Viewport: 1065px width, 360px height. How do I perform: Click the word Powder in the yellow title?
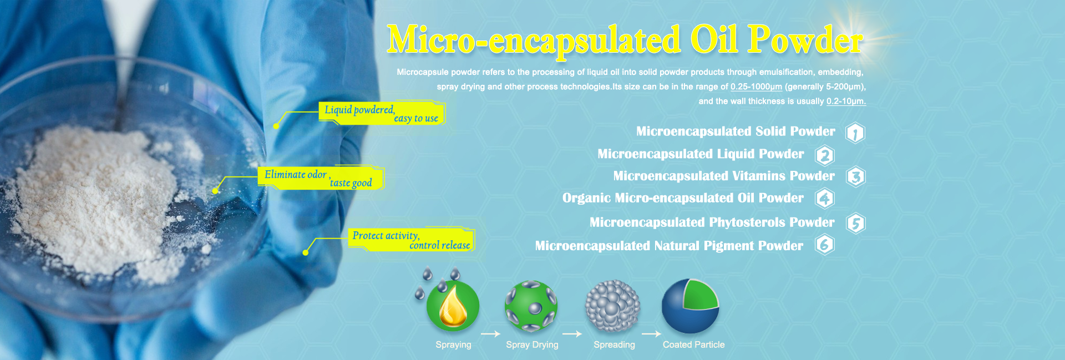tap(805, 40)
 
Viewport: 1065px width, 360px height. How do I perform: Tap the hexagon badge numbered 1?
tap(855, 133)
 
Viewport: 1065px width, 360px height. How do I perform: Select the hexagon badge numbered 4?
tap(825, 199)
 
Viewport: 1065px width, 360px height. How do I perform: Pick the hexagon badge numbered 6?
tap(825, 245)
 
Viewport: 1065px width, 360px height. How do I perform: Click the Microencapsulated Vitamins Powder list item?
tap(724, 176)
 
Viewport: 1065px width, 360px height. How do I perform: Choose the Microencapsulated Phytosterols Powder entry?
tap(712, 222)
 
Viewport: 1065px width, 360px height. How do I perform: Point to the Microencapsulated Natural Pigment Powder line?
tap(669, 246)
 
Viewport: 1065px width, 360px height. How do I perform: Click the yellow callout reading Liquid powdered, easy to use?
tap(382, 113)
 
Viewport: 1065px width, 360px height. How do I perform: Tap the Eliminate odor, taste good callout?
tap(321, 178)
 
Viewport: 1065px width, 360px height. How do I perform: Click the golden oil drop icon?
tap(453, 306)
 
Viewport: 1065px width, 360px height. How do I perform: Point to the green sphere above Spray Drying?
tap(531, 306)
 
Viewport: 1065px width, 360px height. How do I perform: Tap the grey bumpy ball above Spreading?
tap(612, 306)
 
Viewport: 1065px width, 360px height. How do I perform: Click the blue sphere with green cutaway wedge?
tap(691, 306)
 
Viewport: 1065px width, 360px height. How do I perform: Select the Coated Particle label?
tap(693, 344)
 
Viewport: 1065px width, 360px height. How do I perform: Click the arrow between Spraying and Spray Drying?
tap(490, 334)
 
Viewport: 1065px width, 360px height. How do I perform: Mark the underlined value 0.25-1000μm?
tap(756, 87)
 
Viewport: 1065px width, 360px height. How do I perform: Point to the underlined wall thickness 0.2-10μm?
tap(846, 101)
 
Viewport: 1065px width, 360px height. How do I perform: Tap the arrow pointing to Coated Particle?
tap(651, 334)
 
